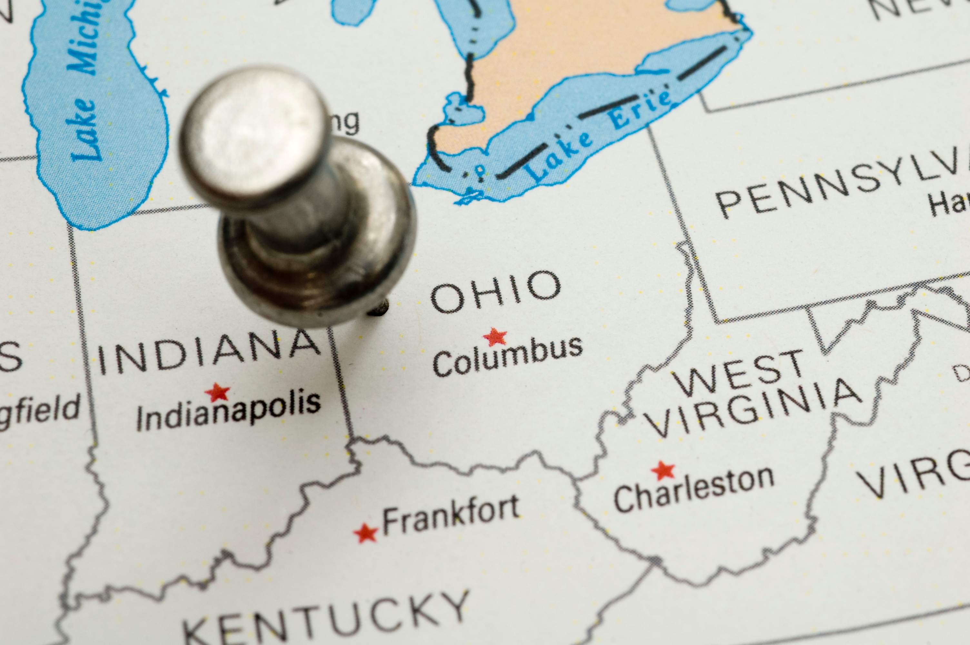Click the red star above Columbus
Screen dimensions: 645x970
(x=495, y=337)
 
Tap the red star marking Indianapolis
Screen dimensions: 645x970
(x=218, y=392)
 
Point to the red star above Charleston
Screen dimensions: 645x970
(x=663, y=470)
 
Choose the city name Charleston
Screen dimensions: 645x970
(x=694, y=490)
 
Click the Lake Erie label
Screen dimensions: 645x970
(x=600, y=136)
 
